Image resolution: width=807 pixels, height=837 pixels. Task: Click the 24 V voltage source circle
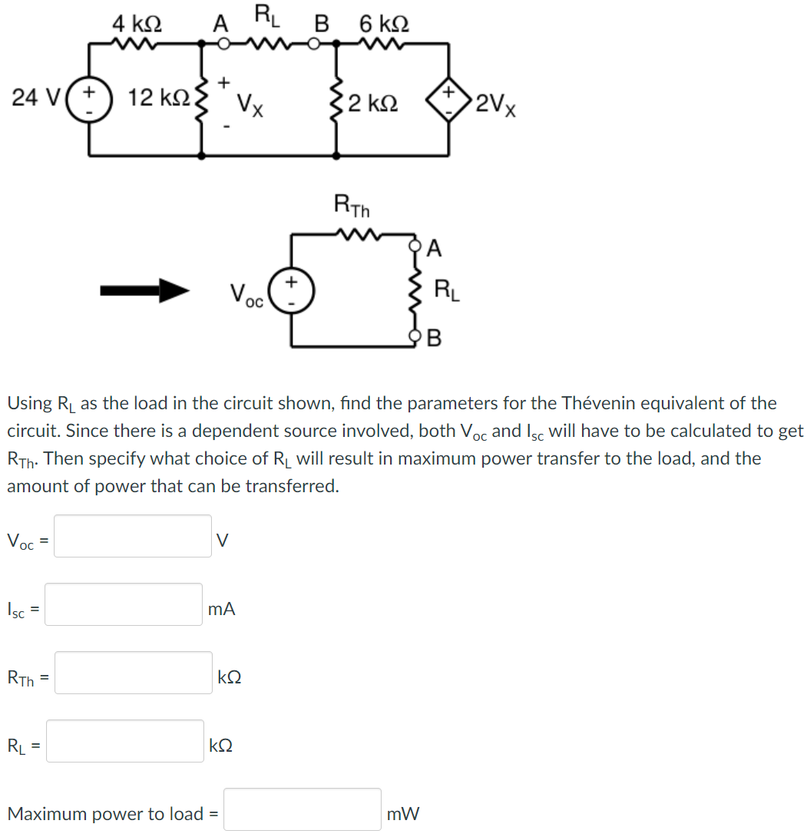(90, 100)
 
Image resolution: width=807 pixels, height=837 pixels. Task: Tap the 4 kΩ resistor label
(137, 23)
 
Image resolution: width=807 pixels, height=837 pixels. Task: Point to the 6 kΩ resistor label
(384, 23)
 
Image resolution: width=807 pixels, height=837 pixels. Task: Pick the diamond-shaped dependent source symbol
(448, 100)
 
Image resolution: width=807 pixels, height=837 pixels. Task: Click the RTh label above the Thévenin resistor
(352, 205)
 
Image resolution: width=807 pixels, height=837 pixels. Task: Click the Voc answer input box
(133, 536)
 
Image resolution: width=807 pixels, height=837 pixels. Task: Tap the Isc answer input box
(124, 605)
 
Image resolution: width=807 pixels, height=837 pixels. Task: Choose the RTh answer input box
(133, 673)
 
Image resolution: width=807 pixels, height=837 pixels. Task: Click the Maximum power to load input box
(302, 810)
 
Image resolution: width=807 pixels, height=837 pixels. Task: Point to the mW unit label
(404, 813)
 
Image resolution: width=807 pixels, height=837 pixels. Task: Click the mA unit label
(222, 610)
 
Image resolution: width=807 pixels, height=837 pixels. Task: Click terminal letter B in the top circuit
(322, 24)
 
